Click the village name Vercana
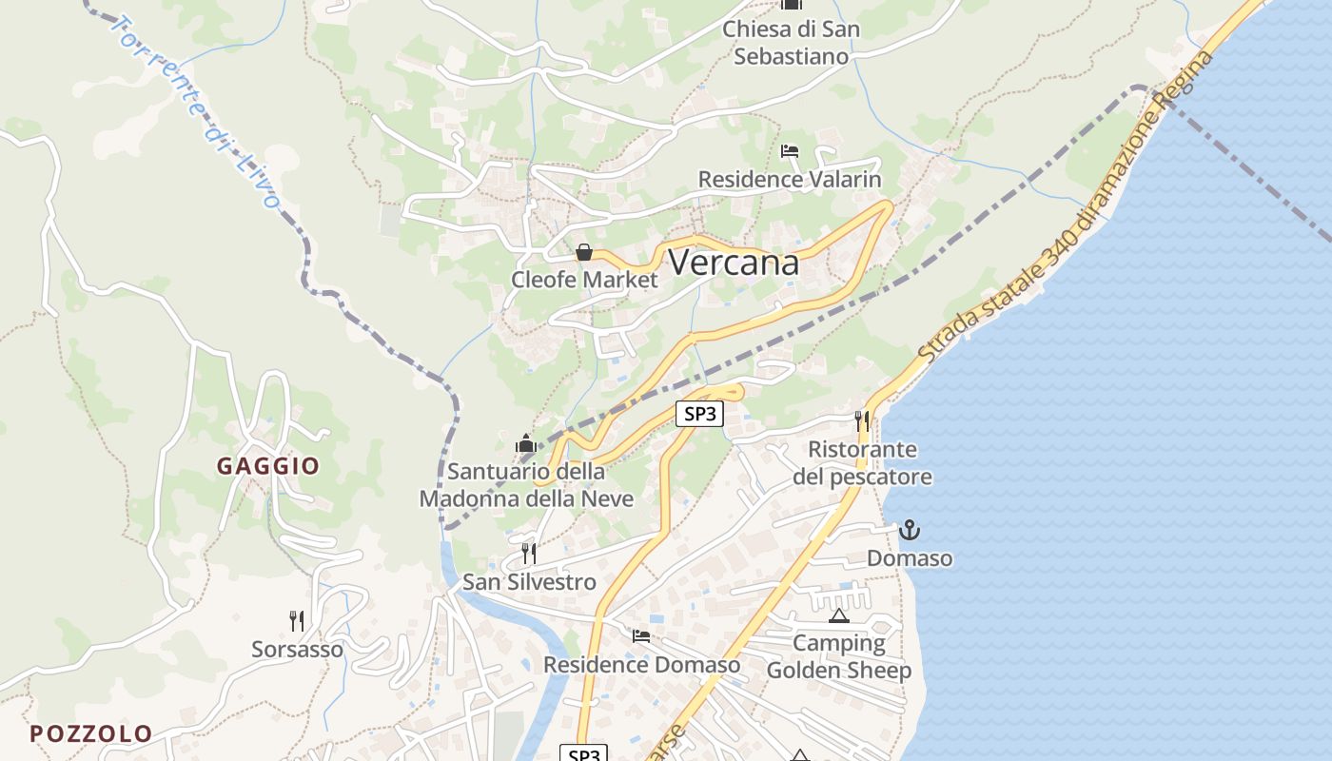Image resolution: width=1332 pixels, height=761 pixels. (x=734, y=263)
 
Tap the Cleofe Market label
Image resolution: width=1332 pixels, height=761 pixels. (x=584, y=280)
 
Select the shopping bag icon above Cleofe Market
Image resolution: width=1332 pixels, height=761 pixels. (x=584, y=252)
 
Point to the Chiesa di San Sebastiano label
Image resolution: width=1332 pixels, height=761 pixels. (x=791, y=43)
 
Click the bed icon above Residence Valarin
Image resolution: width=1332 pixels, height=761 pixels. (x=790, y=151)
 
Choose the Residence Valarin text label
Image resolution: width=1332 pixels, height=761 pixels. (x=790, y=179)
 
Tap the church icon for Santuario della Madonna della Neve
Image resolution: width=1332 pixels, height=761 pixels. (x=525, y=443)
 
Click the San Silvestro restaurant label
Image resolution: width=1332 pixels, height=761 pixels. (x=529, y=582)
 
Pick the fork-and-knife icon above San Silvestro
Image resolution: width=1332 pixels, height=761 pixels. (x=529, y=553)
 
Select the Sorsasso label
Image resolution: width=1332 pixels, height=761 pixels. (x=297, y=650)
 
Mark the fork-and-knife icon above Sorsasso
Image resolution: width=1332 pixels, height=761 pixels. (x=297, y=621)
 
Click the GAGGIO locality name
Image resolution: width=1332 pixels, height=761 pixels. (x=268, y=466)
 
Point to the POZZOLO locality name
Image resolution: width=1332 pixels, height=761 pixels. (x=90, y=733)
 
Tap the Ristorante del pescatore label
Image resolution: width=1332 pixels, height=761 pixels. (x=862, y=462)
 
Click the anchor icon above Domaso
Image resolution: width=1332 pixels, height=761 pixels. (x=910, y=530)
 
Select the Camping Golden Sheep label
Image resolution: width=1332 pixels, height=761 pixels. (x=839, y=656)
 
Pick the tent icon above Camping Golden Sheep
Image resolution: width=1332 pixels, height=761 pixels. (x=838, y=615)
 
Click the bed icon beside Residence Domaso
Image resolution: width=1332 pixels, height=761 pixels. (x=641, y=635)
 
